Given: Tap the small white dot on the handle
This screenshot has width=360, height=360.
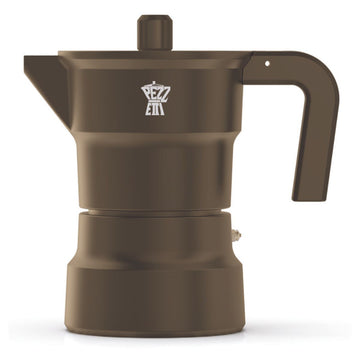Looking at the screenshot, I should pos(267,63).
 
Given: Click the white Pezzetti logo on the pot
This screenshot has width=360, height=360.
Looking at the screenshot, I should pos(156,101).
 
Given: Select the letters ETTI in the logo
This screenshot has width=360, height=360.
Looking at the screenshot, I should pos(156,110).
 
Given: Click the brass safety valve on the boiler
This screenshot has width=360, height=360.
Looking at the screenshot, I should pos(237,236).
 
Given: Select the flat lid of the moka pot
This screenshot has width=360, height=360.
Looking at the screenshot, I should pos(150,54).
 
